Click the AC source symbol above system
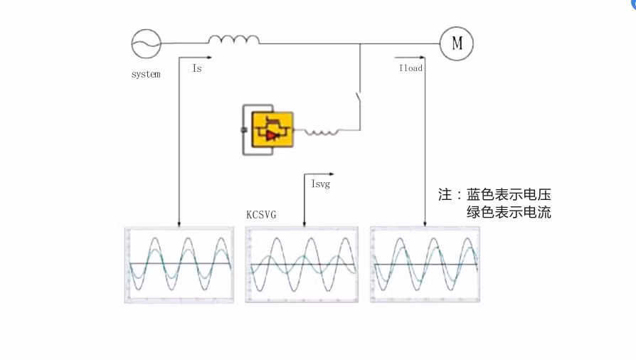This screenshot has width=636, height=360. point(146,44)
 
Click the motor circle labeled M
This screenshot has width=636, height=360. point(457,44)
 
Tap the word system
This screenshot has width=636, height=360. point(146,74)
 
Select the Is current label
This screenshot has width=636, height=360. point(196,69)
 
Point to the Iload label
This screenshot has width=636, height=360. point(410,69)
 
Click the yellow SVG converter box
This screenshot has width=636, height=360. point(272,129)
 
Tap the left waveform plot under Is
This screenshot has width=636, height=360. point(179,265)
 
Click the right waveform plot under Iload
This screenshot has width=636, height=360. point(425,265)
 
